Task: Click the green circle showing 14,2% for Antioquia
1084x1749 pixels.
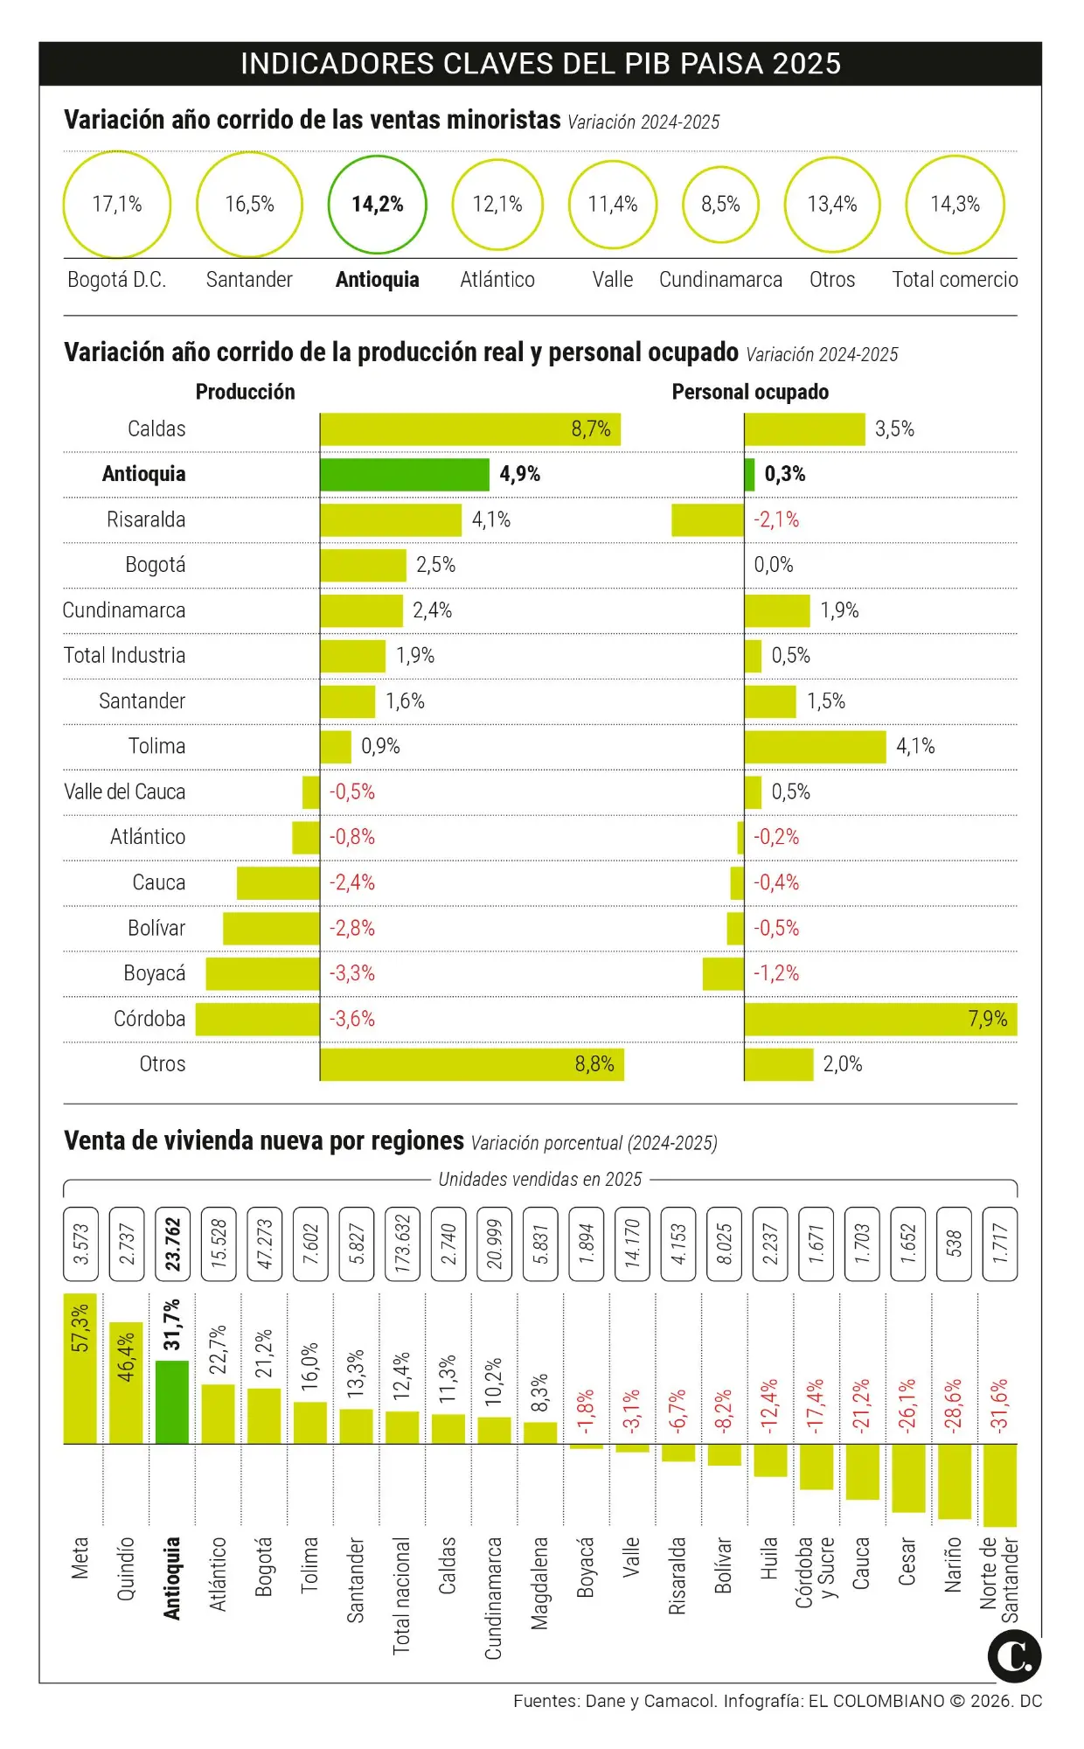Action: click(x=377, y=205)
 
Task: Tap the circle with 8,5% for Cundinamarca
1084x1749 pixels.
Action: click(x=720, y=205)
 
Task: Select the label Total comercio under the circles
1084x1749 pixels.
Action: click(x=955, y=280)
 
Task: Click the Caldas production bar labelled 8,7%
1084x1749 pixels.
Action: click(x=469, y=429)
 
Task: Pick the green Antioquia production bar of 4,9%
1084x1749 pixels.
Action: click(x=404, y=474)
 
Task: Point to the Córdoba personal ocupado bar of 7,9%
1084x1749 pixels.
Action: click(x=880, y=1019)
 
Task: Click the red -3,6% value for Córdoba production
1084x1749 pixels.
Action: click(x=351, y=1019)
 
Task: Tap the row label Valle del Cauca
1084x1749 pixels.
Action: click(x=124, y=792)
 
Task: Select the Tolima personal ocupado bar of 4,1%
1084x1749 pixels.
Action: click(x=815, y=747)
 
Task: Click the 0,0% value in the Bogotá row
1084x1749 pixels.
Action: click(x=774, y=565)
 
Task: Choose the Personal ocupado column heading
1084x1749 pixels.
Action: click(x=750, y=392)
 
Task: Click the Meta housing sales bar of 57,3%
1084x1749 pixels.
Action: click(x=80, y=1369)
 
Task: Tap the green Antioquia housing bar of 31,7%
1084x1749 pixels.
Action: click(x=172, y=1401)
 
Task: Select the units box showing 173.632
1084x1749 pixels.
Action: click(x=402, y=1244)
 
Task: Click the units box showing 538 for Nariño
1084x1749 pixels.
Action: click(x=954, y=1244)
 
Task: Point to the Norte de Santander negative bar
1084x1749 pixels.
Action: click(x=1000, y=1484)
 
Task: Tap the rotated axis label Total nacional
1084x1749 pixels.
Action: click(x=401, y=1595)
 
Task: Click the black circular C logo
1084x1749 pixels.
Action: click(x=1014, y=1656)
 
